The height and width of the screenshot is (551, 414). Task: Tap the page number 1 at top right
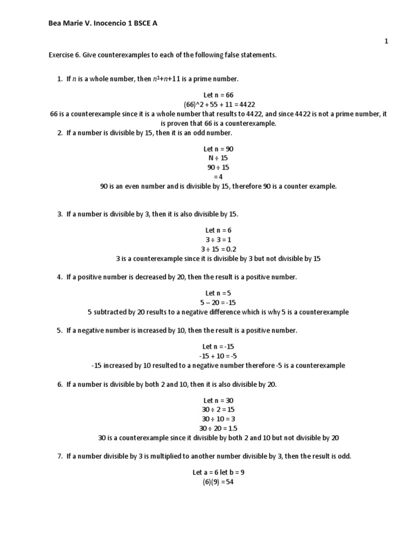[x=386, y=41]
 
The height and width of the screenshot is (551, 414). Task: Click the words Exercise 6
[x=64, y=55]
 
